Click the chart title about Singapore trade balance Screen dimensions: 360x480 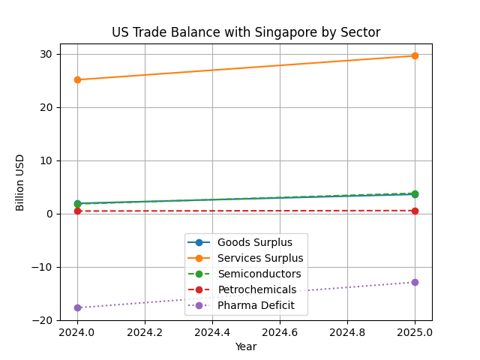pyautogui.click(x=246, y=32)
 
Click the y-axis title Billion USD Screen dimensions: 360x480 pyautogui.click(x=20, y=182)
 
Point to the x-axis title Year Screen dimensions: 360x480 pyautogui.click(x=246, y=346)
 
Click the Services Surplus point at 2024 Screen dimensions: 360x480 pyautogui.click(x=77, y=79)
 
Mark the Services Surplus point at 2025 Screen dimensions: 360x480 pyautogui.click(x=415, y=55)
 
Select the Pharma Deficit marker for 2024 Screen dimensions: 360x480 pyautogui.click(x=77, y=307)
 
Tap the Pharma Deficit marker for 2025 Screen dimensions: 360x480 pyautogui.click(x=415, y=282)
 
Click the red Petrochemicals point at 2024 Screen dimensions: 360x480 pyautogui.click(x=77, y=211)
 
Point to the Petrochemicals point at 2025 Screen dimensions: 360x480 pyautogui.click(x=415, y=211)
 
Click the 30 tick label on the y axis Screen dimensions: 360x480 pyautogui.click(x=46, y=54)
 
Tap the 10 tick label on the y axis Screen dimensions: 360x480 pyautogui.click(x=46, y=160)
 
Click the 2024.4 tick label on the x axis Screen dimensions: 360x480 pyautogui.click(x=212, y=332)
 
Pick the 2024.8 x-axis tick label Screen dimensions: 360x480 pyautogui.click(x=347, y=332)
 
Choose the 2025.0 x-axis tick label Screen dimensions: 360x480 pyautogui.click(x=415, y=332)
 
